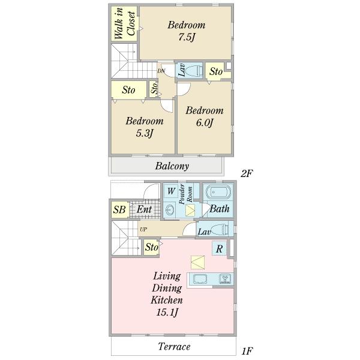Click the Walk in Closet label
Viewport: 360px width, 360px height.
125,23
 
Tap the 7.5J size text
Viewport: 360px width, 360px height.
187,37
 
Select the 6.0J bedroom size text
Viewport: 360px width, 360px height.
205,122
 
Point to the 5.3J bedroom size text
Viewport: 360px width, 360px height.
145,133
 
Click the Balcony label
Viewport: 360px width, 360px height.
172,166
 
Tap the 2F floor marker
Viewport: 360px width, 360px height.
247,173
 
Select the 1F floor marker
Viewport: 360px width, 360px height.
247,351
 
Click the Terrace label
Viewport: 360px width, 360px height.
174,346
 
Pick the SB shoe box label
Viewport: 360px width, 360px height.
119,209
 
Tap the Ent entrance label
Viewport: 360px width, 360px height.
144,209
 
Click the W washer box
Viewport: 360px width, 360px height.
171,191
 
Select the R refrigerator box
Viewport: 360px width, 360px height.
219,248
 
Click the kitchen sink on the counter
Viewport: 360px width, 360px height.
200,279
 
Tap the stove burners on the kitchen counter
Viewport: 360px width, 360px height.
225,279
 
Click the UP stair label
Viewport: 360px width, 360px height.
143,229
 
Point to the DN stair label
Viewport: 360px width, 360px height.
161,71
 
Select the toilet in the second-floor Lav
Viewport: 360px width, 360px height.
194,71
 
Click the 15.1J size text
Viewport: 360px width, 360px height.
167,312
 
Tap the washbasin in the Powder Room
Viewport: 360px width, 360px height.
170,210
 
